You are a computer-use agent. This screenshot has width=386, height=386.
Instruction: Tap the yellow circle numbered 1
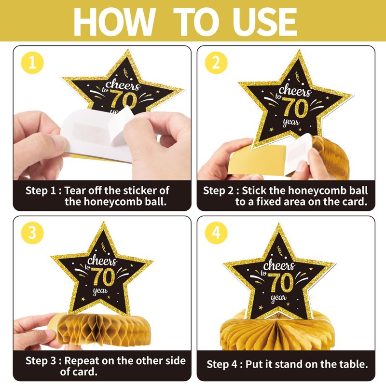tap(32, 63)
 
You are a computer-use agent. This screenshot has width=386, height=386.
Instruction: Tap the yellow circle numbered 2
tap(216, 63)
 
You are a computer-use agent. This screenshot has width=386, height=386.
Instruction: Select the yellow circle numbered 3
tap(32, 233)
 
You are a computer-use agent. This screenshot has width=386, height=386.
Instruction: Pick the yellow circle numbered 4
tap(216, 233)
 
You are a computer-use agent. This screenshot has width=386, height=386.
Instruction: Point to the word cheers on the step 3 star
tap(102, 261)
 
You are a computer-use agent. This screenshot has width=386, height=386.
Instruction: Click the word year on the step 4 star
tap(278, 298)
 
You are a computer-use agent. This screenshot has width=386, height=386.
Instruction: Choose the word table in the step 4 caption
tap(353, 364)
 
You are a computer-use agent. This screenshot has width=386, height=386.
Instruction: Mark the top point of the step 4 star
tap(279, 223)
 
